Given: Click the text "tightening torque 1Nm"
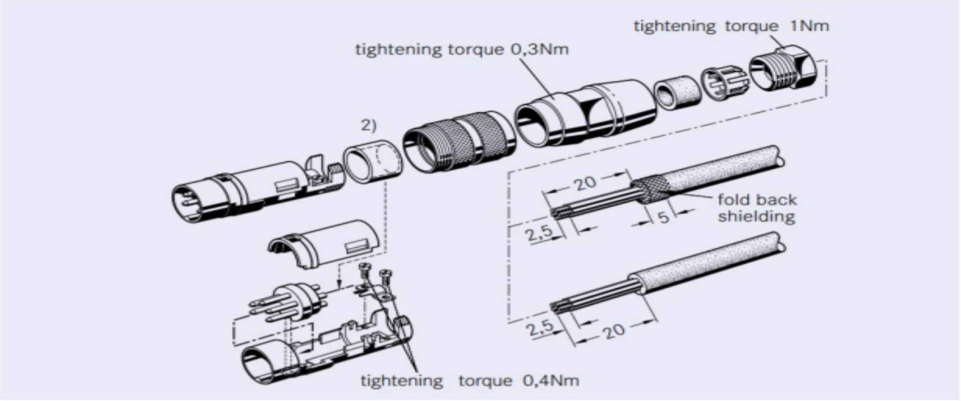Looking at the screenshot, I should pyautogui.click(x=731, y=26).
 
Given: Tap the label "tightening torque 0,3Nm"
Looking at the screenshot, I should pyautogui.click(x=461, y=50).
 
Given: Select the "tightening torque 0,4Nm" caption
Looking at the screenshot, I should pyautogui.click(x=469, y=380).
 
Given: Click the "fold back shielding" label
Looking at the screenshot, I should pyautogui.click(x=756, y=208).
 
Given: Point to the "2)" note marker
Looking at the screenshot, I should pyautogui.click(x=368, y=125).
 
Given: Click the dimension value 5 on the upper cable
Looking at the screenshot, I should pyautogui.click(x=663, y=218).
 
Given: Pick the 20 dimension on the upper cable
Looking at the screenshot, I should pyautogui.click(x=584, y=184).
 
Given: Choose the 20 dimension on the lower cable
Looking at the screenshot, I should pyautogui.click(x=614, y=331).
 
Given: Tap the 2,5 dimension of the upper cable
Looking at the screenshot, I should pyautogui.click(x=540, y=233).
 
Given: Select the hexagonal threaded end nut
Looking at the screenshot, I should pyautogui.click(x=783, y=73).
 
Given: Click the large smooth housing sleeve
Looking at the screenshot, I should pyautogui.click(x=586, y=113).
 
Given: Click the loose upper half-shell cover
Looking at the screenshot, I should pyautogui.click(x=325, y=244).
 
